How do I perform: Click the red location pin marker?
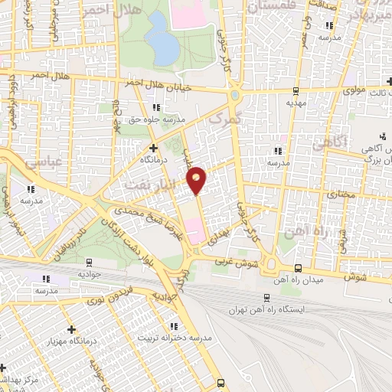coord(198,179)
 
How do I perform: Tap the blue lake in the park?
coord(162,44)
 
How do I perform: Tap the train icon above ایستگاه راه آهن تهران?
coord(266,298)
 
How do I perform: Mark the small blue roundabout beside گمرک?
coord(234,94)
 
